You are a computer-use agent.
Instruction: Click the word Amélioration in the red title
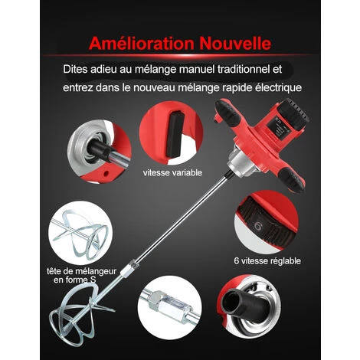click(142, 44)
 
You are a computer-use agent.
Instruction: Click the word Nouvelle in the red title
click(235, 44)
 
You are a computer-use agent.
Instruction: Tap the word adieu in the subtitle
click(103, 69)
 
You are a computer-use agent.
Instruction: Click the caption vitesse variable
click(172, 173)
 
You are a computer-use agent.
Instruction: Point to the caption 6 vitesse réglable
click(267, 261)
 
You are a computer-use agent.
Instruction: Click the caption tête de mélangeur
click(81, 271)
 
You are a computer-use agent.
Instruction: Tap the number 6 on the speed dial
click(258, 226)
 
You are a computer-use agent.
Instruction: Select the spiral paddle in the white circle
click(81, 233)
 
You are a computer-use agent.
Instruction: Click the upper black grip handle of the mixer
click(227, 113)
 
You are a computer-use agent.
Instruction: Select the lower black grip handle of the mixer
click(291, 178)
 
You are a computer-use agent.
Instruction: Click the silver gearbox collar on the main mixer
click(240, 162)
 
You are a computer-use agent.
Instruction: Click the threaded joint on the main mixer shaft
click(130, 267)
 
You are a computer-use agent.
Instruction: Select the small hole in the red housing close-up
click(106, 174)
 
